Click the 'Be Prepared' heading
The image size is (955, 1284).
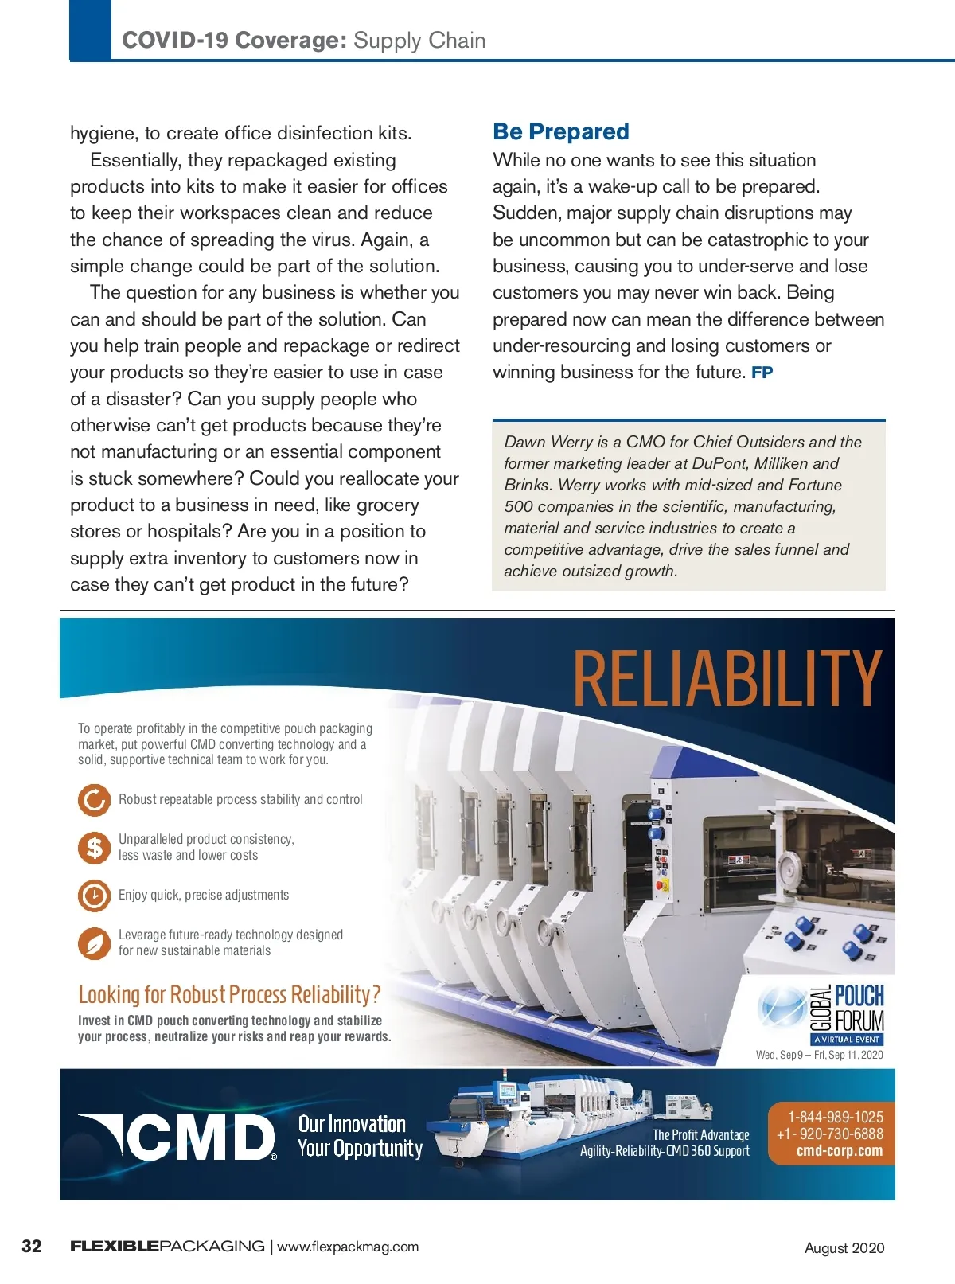(x=560, y=131)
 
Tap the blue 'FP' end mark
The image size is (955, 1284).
(x=762, y=373)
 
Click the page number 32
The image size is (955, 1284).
(x=32, y=1246)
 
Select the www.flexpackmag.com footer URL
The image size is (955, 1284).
(x=347, y=1247)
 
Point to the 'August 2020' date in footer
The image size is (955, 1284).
(x=844, y=1247)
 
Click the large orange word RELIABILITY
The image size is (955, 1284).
(x=727, y=678)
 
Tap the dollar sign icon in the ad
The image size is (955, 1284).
(x=94, y=847)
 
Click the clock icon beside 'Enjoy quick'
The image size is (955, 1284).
(x=94, y=895)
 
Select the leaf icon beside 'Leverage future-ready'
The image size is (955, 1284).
(x=94, y=943)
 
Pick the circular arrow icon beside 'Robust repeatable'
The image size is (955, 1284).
(x=94, y=799)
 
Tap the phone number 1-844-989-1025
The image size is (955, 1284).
(x=836, y=1117)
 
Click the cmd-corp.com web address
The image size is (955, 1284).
(x=839, y=1151)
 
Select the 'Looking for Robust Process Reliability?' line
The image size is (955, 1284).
(x=229, y=995)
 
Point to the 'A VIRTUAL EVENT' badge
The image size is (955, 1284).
(x=846, y=1039)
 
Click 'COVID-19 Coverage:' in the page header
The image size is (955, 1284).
(x=234, y=41)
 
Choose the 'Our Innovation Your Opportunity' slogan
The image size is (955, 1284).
(x=360, y=1136)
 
